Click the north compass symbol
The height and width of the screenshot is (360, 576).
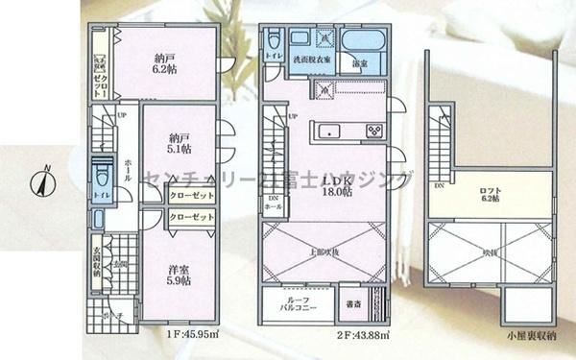[x=42, y=180]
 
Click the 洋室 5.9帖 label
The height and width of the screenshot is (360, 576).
[x=176, y=274]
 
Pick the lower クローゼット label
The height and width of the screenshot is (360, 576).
[x=191, y=218]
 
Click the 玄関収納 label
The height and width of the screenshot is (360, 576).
[x=97, y=261]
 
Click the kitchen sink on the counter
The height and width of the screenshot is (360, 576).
[x=325, y=132]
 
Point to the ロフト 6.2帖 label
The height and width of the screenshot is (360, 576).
[x=492, y=196]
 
